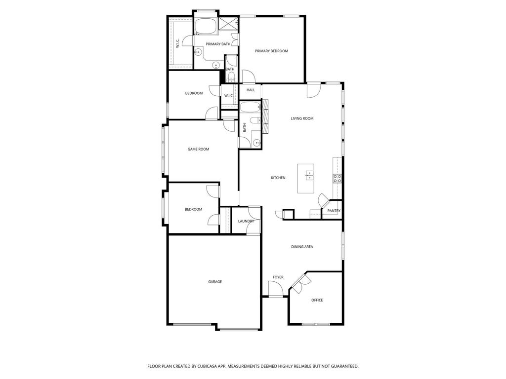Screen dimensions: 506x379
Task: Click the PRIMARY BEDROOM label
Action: [271, 51]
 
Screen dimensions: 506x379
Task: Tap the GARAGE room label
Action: [215, 282]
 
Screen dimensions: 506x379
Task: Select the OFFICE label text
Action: [317, 300]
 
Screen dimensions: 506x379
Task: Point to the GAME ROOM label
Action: [199, 149]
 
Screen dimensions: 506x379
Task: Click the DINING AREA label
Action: [302, 247]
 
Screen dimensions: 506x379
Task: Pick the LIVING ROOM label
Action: [302, 118]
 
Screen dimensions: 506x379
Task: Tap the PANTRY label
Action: [334, 211]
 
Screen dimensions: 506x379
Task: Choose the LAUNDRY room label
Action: [246, 221]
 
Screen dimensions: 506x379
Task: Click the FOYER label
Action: [278, 277]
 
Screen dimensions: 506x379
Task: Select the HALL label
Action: [251, 90]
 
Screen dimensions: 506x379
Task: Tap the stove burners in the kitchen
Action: [337, 179]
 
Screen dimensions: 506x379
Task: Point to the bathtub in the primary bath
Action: [206, 27]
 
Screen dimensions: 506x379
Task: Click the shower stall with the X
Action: [228, 24]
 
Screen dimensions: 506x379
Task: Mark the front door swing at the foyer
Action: [276, 288]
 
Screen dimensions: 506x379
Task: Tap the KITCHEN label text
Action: [278, 178]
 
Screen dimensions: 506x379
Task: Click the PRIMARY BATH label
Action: [218, 44]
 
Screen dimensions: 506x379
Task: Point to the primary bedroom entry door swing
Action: [249, 76]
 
